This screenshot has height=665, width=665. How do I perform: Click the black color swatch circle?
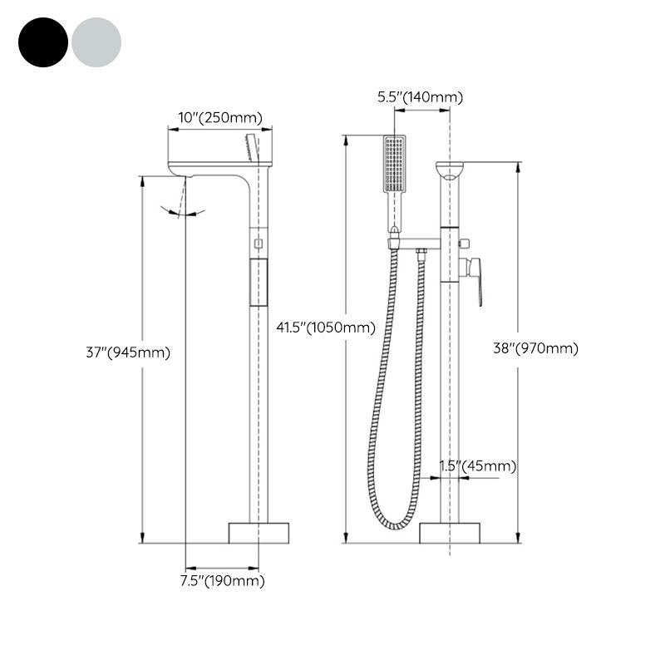click(43, 42)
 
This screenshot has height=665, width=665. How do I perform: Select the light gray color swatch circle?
click(96, 42)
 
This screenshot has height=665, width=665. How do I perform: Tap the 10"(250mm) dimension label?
click(220, 118)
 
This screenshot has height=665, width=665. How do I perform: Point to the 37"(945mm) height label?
click(128, 352)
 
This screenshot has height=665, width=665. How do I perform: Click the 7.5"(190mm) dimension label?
click(223, 581)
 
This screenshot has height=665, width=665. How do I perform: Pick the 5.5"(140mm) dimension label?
click(421, 97)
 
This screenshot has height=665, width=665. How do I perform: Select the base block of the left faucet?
click(259, 532)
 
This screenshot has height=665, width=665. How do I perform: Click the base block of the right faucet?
click(450, 532)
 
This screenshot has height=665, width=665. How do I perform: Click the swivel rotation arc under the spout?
click(185, 213)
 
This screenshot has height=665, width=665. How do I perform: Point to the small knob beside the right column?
click(464, 244)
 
